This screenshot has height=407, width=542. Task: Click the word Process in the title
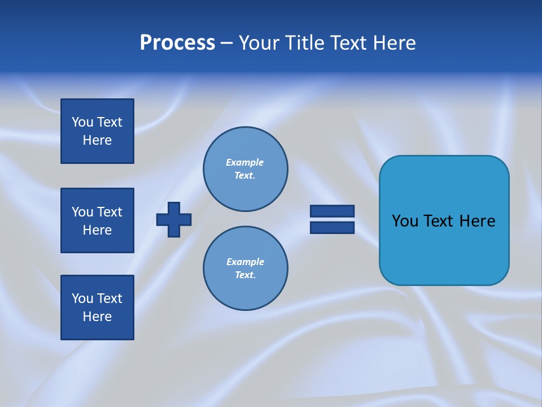pos(177,43)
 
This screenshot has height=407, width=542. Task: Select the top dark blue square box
pos(97,131)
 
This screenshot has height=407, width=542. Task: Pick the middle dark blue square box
pos(97,220)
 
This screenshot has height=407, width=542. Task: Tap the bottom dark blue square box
pos(97,307)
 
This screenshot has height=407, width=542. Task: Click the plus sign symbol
pos(174,219)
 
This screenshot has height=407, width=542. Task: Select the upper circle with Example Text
pos(245,169)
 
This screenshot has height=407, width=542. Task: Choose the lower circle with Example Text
pos(245,269)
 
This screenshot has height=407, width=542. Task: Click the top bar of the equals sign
pos(332,211)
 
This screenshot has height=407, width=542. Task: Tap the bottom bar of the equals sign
pos(332,227)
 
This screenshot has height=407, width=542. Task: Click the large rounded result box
pos(444,220)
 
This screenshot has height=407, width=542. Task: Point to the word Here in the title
pos(395,43)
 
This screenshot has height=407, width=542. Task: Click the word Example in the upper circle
pos(245,162)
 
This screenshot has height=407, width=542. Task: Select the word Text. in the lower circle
pos(245,275)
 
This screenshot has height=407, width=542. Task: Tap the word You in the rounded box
pos(405,221)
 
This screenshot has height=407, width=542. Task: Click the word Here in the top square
pos(97,140)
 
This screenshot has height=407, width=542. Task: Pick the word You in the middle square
pos(82,212)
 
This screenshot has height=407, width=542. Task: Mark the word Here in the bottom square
pos(97,317)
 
